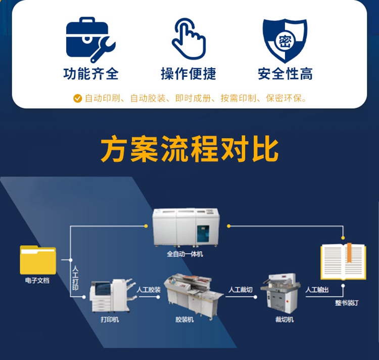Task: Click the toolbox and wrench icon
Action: [x=90, y=40]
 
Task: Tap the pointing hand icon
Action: [x=188, y=39]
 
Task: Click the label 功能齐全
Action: [x=91, y=74]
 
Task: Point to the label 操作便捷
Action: [x=188, y=74]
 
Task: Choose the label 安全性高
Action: [x=285, y=74]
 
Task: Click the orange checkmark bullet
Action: [x=77, y=99]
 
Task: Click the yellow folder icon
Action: [x=38, y=259]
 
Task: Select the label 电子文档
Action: [x=37, y=280]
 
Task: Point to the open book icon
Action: [x=343, y=261]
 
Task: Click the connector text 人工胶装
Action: [x=149, y=290]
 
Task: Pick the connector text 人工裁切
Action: [x=240, y=290]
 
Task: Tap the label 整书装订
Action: [x=347, y=303]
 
